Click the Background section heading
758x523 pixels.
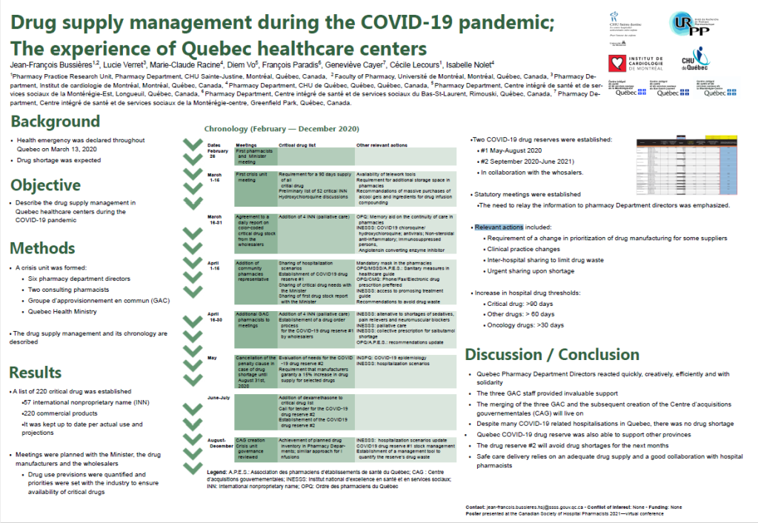tap(55, 121)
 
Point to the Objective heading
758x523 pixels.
tap(46, 184)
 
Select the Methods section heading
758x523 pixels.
tap(44, 248)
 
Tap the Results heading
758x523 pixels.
tap(36, 371)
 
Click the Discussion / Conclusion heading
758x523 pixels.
tap(552, 354)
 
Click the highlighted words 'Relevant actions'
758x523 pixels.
tap(499, 227)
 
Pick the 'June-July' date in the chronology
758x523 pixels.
tap(219, 398)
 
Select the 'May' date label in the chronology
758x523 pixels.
tap(212, 357)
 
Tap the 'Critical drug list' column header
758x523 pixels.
tap(296, 145)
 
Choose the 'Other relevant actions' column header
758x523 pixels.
tap(383, 145)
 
